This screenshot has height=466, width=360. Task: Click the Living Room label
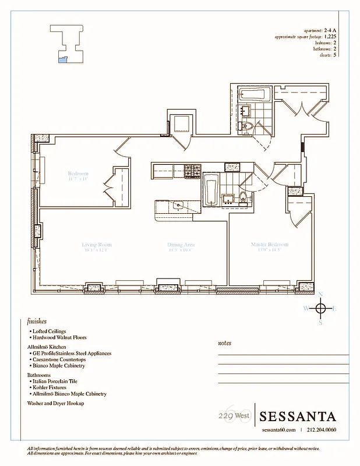[97, 245]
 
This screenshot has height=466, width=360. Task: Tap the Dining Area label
[181, 245]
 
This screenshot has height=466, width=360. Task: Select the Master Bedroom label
[270, 245]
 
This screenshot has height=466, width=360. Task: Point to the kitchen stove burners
[192, 171]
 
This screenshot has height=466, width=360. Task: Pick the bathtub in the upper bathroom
[255, 94]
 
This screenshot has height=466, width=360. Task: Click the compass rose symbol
[320, 308]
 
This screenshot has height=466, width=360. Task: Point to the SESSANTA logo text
[297, 416]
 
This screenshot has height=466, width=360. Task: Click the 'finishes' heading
[37, 321]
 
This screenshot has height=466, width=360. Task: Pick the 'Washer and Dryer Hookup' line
[56, 403]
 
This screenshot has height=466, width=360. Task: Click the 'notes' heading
[224, 343]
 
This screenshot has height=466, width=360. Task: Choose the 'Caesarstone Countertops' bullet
[59, 359]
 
